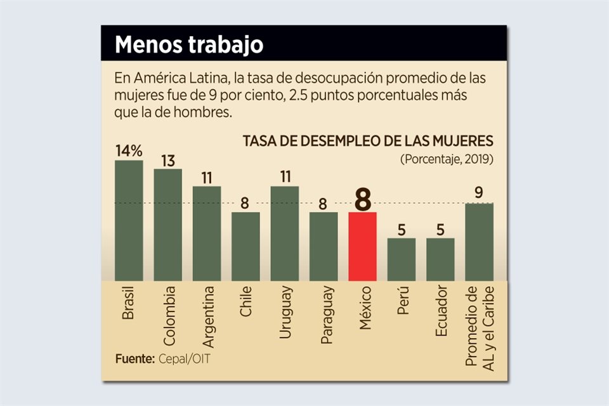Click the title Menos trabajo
[x=188, y=45]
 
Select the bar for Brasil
[x=129, y=220]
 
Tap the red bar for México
[x=362, y=246]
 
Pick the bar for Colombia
[x=167, y=225]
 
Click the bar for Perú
[x=402, y=259]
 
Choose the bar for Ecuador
[x=440, y=259]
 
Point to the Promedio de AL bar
[x=480, y=242]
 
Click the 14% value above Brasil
[x=129, y=151]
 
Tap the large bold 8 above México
[x=362, y=199]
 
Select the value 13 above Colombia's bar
[x=167, y=160]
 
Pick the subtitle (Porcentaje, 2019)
[x=447, y=159]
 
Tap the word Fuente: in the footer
[x=134, y=359]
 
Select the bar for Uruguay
[x=285, y=233]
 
